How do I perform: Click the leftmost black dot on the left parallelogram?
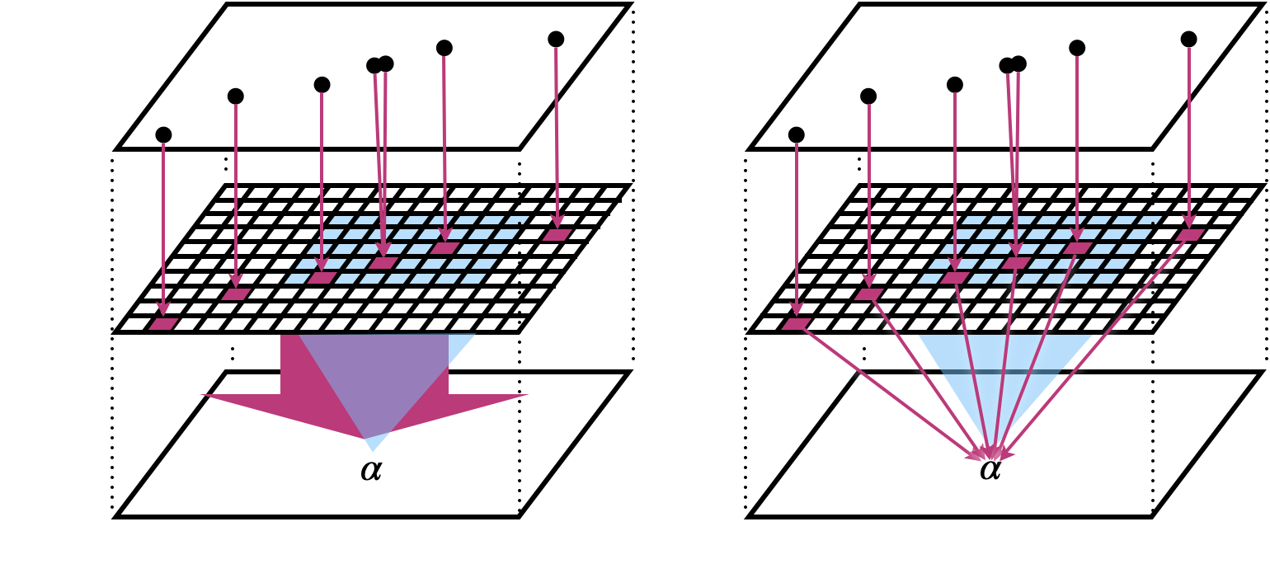[x=163, y=134]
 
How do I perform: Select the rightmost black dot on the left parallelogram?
[x=556, y=39]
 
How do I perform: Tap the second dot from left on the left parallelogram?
[x=236, y=96]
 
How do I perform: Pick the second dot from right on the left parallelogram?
[x=444, y=48]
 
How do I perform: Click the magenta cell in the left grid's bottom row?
[x=162, y=323]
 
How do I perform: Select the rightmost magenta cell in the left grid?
[x=557, y=234]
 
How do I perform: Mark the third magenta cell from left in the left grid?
[x=321, y=278]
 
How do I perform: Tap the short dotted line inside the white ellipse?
[x=519, y=437]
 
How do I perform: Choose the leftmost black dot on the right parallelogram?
[x=796, y=134]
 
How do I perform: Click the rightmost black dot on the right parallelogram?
[x=1188, y=39]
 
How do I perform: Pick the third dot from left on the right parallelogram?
[x=955, y=85]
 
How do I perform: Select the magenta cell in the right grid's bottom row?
[x=795, y=323]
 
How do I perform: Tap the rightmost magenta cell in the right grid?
[x=1189, y=234]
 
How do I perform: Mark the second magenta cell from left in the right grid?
[x=868, y=294]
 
